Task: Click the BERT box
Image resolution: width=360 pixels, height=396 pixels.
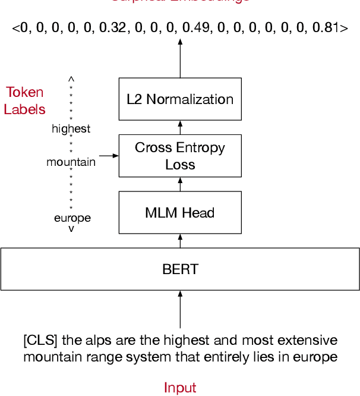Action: (x=180, y=269)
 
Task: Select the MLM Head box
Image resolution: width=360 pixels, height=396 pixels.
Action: (x=180, y=212)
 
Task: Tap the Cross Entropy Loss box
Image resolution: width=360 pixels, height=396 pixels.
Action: (x=180, y=156)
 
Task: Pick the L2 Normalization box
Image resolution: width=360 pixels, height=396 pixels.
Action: (x=180, y=99)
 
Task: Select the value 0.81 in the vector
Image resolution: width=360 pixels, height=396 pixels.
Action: (x=324, y=27)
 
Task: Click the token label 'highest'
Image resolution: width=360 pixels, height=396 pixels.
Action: (x=71, y=128)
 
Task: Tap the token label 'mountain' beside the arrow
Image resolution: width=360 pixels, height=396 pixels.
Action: (x=71, y=162)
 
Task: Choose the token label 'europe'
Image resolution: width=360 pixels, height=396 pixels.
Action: (x=72, y=218)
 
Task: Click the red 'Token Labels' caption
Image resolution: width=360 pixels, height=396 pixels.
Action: (x=25, y=101)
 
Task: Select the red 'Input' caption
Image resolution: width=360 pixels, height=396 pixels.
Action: (x=180, y=388)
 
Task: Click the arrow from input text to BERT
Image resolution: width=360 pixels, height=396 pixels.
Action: (x=180, y=309)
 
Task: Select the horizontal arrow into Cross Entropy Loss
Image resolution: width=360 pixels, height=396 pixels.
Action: (x=108, y=156)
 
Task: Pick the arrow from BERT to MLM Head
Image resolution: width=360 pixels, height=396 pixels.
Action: (x=180, y=241)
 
